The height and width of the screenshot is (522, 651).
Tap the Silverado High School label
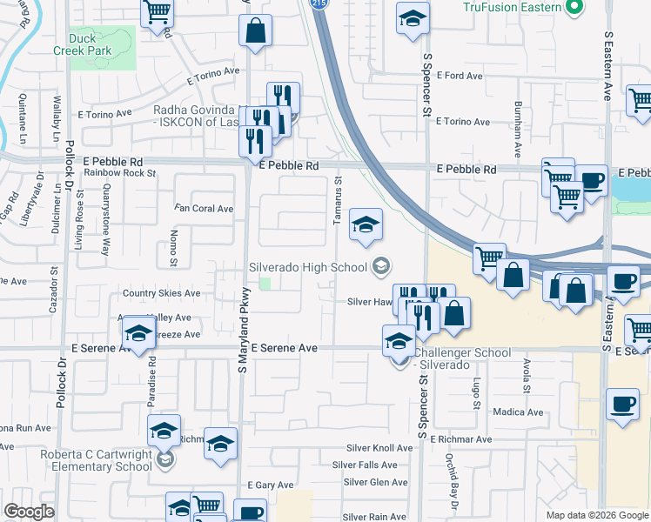pos(308,266)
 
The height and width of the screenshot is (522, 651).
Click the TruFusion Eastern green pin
pos(573,9)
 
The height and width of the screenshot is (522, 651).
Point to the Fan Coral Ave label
pos(204,209)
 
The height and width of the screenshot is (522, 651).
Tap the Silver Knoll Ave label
pos(379,448)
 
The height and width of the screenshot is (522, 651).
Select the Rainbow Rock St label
pos(119,173)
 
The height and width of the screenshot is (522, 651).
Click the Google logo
pos(30,512)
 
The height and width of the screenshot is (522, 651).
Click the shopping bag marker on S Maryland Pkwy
pos(256,31)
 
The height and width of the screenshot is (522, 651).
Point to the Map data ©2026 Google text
pos(596,515)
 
